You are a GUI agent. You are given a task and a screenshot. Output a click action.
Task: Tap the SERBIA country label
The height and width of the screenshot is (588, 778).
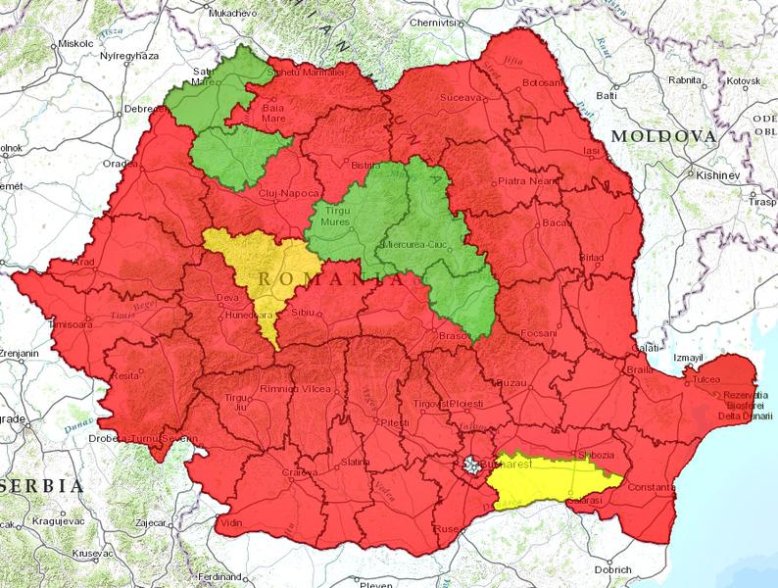pos(39,485)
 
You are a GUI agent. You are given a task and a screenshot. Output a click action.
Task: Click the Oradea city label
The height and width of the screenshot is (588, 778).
pos(121,164)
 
